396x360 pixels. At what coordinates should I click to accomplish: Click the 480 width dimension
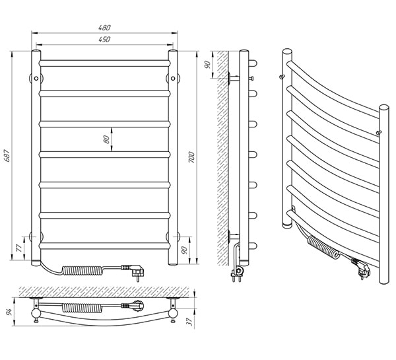pyautogui.click(x=105, y=27)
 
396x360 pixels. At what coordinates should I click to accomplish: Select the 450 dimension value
pyautogui.click(x=105, y=40)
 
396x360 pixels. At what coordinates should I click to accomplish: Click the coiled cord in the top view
pyautogui.click(x=82, y=307)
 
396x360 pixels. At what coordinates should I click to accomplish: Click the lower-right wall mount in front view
pyautogui.click(x=176, y=235)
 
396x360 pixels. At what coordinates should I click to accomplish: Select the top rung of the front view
pyautogui.click(x=105, y=63)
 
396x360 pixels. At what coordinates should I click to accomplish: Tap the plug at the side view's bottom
pyautogui.click(x=236, y=272)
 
